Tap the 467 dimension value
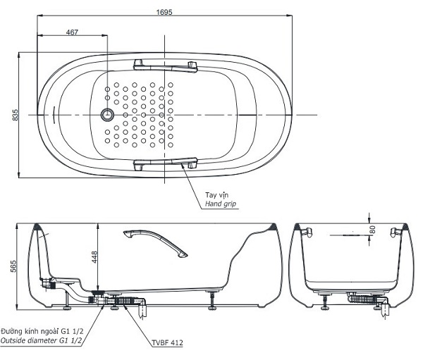(x=72, y=32)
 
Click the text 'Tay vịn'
(x=216, y=194)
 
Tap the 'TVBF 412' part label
(x=167, y=343)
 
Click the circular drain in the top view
(x=107, y=114)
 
